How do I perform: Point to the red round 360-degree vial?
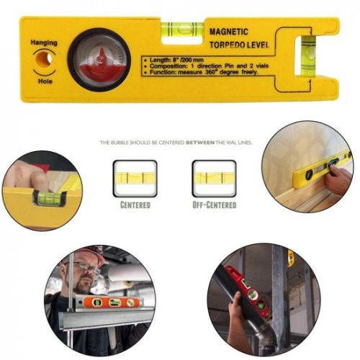[x=99, y=58]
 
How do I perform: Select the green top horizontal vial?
[x=181, y=30]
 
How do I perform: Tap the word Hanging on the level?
[x=43, y=42]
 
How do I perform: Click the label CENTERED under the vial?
[x=135, y=205]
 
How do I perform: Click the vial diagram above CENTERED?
[x=135, y=178]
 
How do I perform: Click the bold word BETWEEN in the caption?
[x=197, y=143]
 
